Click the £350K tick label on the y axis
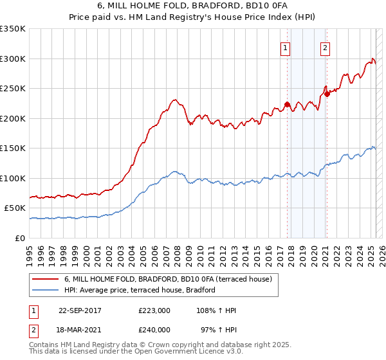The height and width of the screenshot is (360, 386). pyautogui.click(x=13, y=29)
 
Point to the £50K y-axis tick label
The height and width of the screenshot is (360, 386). pyautogui.click(x=15, y=208)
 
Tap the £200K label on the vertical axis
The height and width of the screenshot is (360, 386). pyautogui.click(x=13, y=118)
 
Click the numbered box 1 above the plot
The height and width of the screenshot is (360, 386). pyautogui.click(x=284, y=47)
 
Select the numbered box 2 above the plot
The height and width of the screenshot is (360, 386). pyautogui.click(x=326, y=47)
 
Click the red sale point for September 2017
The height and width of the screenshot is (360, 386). pyautogui.click(x=287, y=104)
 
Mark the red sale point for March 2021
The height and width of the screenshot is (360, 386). pyautogui.click(x=327, y=94)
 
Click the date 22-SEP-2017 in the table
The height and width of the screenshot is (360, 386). pyautogui.click(x=80, y=311)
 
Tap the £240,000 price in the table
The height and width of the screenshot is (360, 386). pyautogui.click(x=154, y=329)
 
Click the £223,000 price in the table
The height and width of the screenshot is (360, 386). pyautogui.click(x=154, y=311)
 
